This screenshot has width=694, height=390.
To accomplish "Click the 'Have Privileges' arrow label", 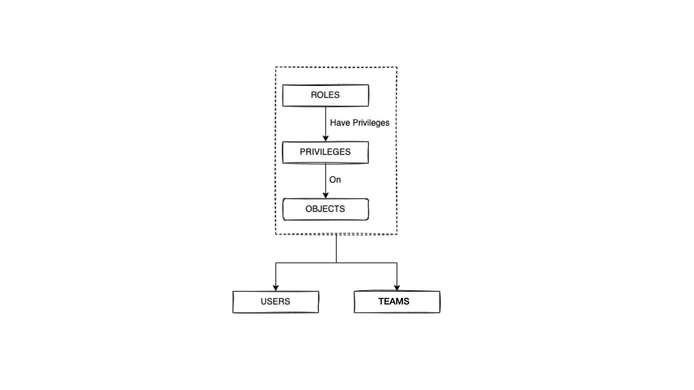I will point(359,123).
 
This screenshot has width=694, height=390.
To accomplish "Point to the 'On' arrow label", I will point(335,179).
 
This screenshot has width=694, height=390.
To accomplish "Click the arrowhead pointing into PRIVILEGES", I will point(325,138).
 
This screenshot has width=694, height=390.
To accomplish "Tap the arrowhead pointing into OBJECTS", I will point(325,195).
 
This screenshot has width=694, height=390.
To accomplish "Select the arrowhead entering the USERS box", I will point(276,288).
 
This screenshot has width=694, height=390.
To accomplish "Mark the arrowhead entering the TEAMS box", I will point(397,288).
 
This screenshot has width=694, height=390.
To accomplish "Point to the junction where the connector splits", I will point(336,263).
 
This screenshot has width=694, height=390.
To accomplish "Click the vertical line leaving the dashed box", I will point(336,248).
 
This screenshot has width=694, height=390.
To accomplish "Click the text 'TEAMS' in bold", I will point(394,301).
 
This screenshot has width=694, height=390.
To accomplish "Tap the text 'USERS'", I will point(275,301).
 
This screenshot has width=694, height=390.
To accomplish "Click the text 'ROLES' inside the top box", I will point(325,95).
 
